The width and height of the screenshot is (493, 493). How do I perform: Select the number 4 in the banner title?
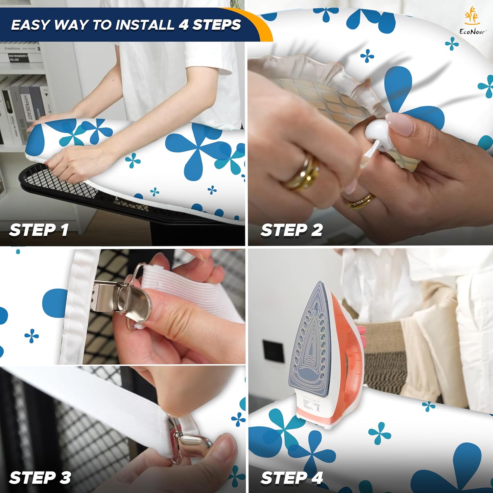[x=183, y=25]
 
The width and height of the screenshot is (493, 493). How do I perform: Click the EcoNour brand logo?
[x=473, y=20]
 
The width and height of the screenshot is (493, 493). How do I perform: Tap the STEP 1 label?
[x=39, y=230]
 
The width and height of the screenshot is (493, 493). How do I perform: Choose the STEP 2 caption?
[x=292, y=230]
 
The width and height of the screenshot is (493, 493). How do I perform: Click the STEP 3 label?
[x=40, y=477]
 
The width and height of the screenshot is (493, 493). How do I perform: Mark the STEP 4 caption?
[x=292, y=477]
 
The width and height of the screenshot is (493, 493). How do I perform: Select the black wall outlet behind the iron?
[x=273, y=351]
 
